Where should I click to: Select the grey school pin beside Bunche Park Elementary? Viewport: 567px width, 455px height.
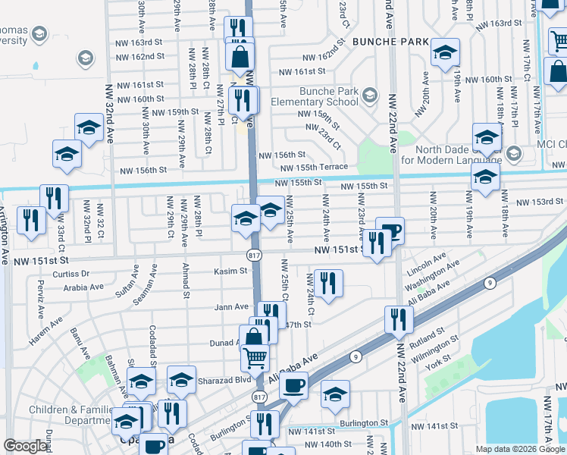coord(369,95)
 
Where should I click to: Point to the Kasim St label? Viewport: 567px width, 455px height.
coord(230,271)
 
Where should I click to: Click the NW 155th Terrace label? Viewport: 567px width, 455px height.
coord(313,167)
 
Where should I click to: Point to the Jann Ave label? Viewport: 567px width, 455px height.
coord(231,307)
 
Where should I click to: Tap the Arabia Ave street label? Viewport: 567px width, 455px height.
coord(83,287)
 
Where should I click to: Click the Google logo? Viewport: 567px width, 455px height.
coord(27,446)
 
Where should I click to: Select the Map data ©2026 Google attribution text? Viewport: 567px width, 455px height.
coord(520,449)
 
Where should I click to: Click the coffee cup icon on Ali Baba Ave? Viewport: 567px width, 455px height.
coord(293,385)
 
